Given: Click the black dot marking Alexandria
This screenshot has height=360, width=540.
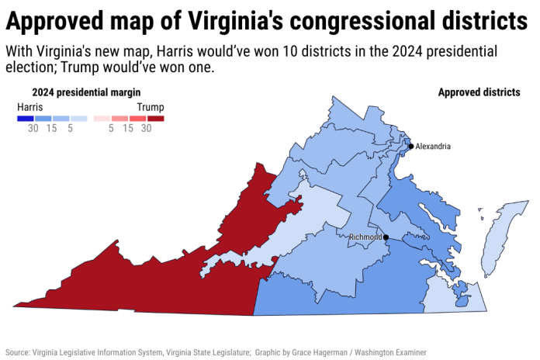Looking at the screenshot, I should [x=411, y=146].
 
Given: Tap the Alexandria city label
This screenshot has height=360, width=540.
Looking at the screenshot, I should [x=433, y=146].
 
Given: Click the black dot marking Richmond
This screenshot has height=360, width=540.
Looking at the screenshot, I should [x=386, y=237].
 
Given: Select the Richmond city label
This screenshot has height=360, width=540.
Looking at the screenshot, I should [x=365, y=237].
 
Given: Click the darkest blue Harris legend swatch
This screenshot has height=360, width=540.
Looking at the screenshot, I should [x=25, y=119].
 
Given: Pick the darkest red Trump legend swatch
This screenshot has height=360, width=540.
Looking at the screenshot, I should [x=156, y=119].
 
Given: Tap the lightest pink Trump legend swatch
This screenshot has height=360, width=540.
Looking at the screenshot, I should [x=102, y=119].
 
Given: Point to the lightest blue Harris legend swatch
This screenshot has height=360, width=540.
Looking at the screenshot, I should [x=78, y=119].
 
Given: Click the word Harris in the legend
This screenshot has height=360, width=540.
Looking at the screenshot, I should [x=29, y=106].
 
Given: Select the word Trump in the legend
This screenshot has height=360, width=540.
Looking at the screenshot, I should [x=151, y=106].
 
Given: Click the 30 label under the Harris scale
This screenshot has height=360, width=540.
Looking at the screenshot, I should [x=33, y=129].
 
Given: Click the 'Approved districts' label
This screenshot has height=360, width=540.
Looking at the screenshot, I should [x=479, y=92].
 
